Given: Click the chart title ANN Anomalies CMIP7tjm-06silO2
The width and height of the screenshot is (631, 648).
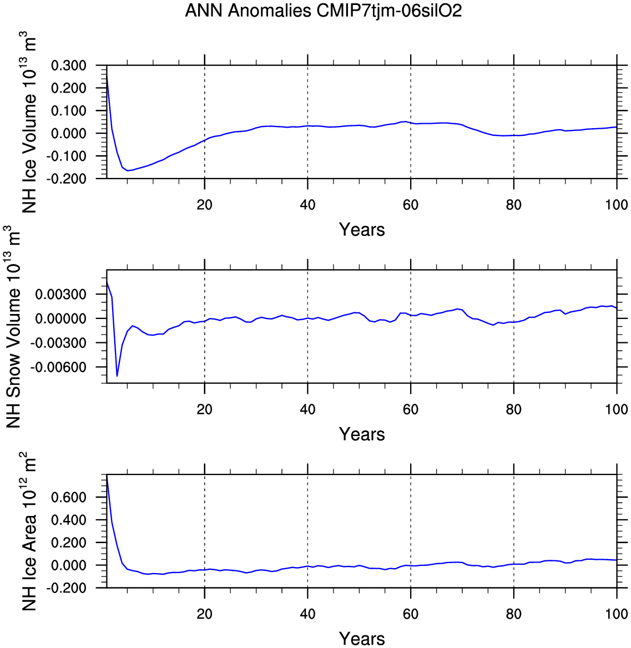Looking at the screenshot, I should click(x=323, y=11).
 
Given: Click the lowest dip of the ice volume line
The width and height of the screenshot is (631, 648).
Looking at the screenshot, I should click(x=128, y=170).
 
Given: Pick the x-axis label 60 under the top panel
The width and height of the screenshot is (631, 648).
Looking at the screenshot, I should click(x=411, y=205).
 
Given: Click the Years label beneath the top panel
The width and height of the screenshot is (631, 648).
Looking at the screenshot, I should click(x=362, y=230).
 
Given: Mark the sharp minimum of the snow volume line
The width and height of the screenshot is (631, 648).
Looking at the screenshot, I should click(x=117, y=376).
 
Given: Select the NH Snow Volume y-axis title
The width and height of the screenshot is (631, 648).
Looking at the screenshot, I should click(x=14, y=326).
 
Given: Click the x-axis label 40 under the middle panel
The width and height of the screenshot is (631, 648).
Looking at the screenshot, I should click(x=307, y=409).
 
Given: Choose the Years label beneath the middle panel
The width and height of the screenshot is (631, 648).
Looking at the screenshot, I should click(x=362, y=434).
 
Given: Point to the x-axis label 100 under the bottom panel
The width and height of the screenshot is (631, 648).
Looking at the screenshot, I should click(x=617, y=614).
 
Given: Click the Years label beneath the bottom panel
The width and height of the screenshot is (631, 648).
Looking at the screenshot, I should click(x=362, y=639).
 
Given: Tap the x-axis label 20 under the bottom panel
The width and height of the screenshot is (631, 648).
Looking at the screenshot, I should click(x=205, y=614).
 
